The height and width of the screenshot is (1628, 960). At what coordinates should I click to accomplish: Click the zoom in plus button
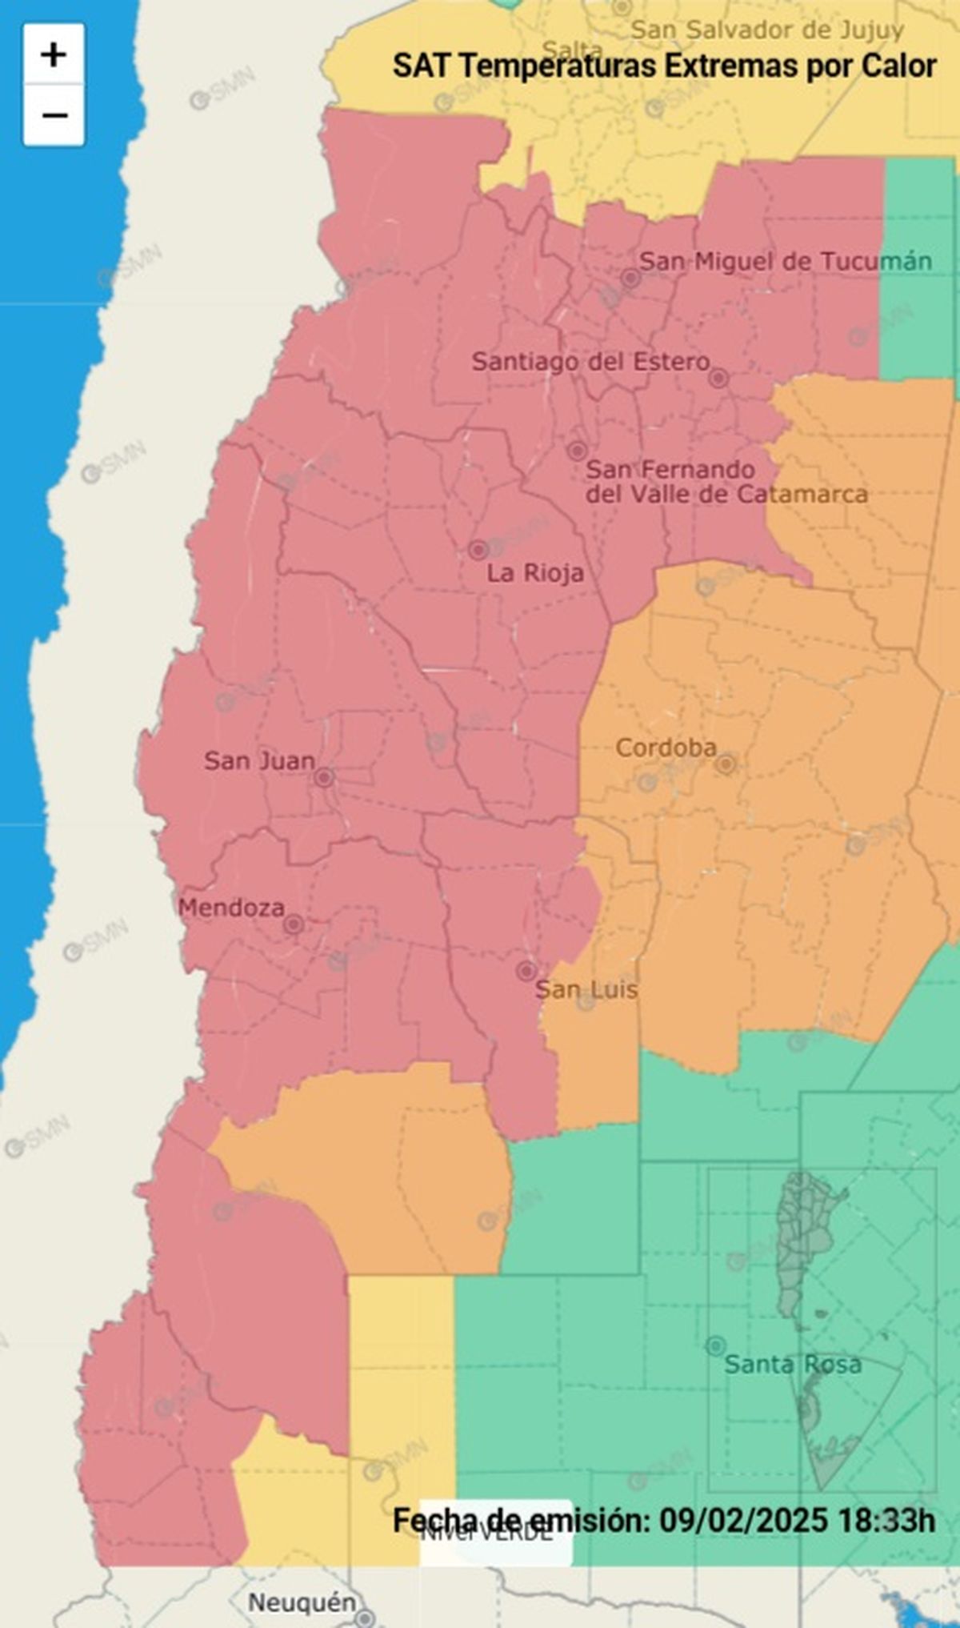tap(54, 55)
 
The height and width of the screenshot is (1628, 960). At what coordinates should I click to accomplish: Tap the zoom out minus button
tap(54, 116)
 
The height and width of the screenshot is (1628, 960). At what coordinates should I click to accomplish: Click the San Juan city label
tap(259, 760)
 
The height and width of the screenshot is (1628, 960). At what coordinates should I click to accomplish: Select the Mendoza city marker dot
tap(294, 924)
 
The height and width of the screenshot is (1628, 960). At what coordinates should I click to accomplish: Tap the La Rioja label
tap(535, 573)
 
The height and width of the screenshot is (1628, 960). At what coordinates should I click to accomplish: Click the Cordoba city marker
tap(726, 764)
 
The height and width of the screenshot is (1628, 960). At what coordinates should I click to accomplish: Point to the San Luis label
tap(586, 990)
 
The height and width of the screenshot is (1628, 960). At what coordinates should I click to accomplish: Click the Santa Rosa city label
tap(793, 1364)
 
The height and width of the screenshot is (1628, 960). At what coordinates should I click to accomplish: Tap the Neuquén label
tap(302, 1602)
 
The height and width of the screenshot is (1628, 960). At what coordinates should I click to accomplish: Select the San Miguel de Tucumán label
tap(786, 261)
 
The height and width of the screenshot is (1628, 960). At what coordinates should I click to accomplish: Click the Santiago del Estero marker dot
tap(718, 378)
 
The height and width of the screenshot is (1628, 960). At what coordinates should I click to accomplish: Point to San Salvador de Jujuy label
tap(767, 30)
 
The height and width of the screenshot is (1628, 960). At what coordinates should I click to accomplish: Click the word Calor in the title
tap(899, 66)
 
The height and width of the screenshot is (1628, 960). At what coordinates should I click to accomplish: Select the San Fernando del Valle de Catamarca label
tap(726, 482)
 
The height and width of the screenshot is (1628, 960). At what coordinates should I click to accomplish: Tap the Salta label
tap(573, 50)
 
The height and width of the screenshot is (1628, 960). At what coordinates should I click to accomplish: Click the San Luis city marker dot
tap(526, 971)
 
